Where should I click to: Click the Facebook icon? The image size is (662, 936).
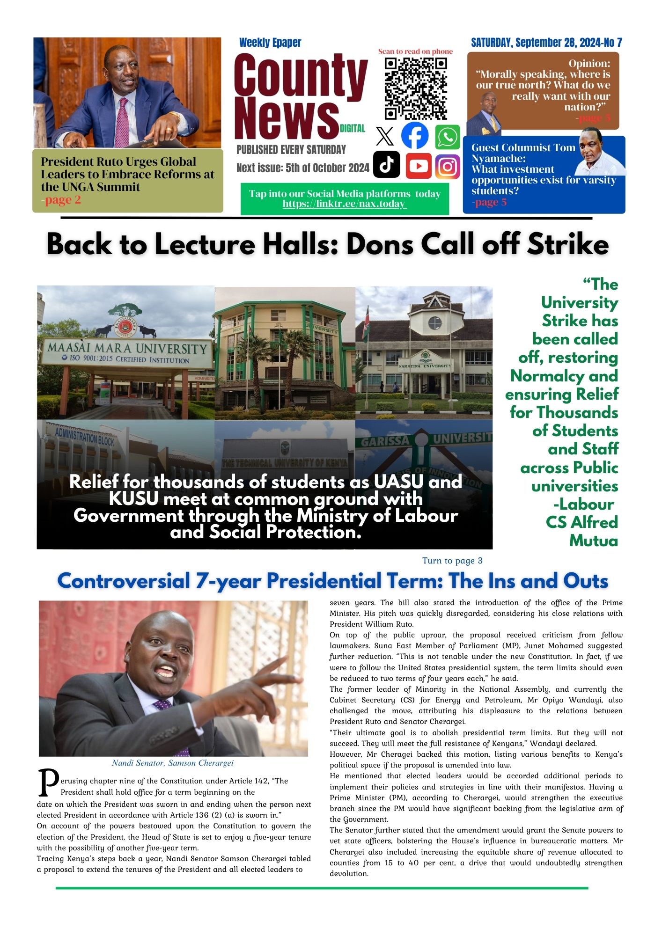coord(415,136)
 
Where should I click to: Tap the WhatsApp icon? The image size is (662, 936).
coord(448,137)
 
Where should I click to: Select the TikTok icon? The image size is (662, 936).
coord(387,165)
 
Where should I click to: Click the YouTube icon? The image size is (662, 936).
coord(419,166)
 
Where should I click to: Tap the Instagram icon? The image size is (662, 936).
coord(448,166)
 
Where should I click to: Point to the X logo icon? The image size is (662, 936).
coord(385,137)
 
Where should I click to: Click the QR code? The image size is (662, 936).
coord(415,88)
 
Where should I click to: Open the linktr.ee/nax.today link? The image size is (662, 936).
coord(345,204)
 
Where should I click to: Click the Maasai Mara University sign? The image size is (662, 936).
coord(126,349)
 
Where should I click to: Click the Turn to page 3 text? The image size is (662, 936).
coord(452,561)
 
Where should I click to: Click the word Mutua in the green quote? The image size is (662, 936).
coord(593,541)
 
